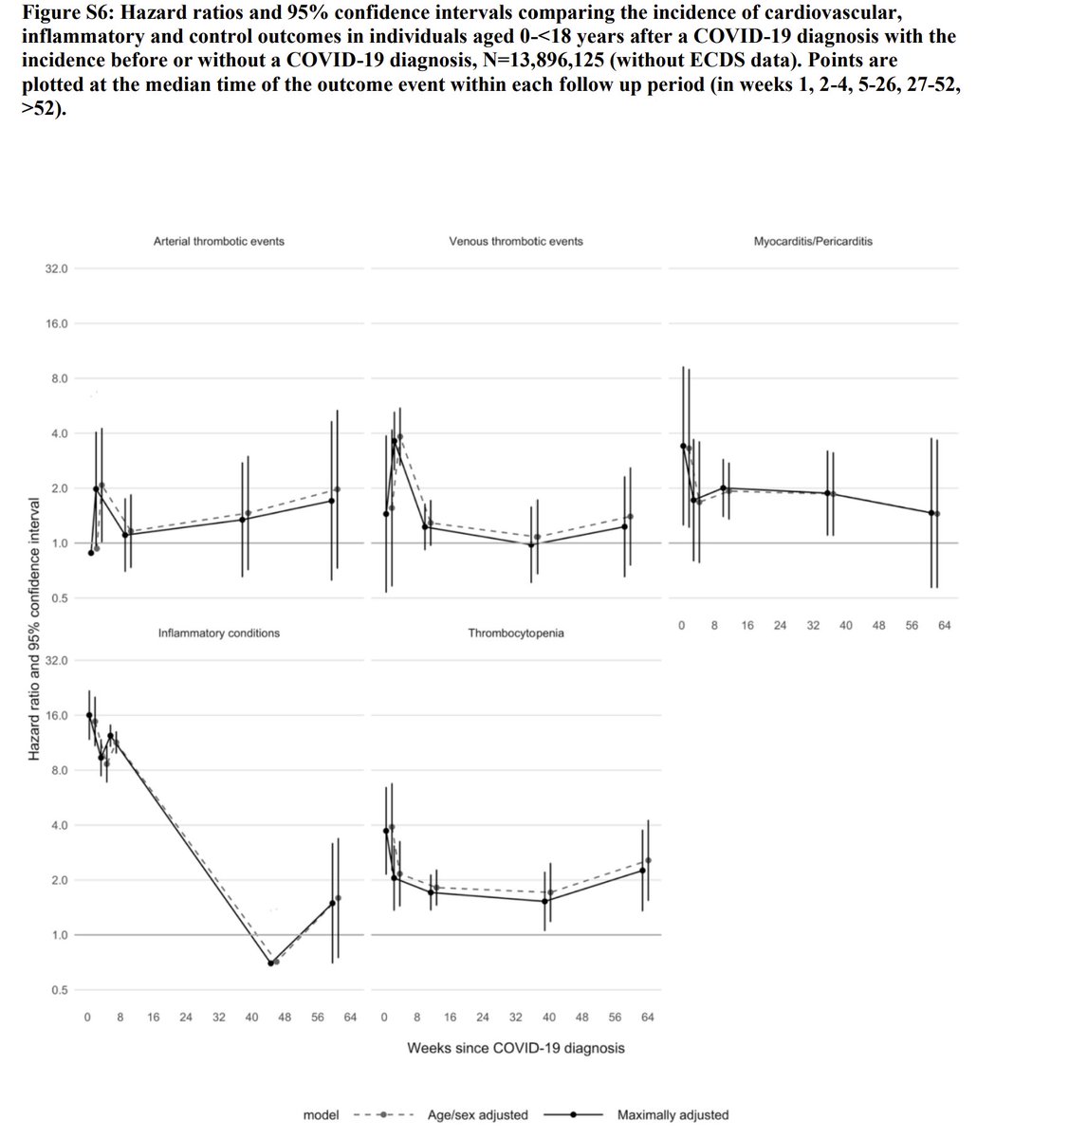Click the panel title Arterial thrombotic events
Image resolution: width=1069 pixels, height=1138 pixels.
click(218, 241)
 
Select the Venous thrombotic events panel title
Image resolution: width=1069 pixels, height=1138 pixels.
click(515, 241)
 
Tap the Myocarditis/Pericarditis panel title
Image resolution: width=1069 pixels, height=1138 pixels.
click(813, 241)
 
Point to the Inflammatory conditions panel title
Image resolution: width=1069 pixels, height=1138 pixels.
click(218, 633)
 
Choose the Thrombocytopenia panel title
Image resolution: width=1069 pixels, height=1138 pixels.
click(515, 633)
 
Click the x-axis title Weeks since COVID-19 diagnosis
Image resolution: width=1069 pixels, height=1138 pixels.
click(515, 1048)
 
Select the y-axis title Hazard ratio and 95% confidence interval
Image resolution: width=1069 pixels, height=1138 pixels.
click(33, 628)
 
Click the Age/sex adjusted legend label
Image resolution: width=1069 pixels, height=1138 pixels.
click(477, 1115)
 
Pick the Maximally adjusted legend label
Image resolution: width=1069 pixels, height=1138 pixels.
click(673, 1115)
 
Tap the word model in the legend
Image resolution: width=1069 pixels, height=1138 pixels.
click(321, 1115)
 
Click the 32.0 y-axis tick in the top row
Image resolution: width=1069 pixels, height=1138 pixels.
click(56, 269)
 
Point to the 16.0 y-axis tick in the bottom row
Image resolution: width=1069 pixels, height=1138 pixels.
click(56, 715)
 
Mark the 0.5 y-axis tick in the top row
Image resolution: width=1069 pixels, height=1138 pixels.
click(60, 598)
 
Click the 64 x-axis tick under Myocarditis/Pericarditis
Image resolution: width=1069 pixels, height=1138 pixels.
click(944, 626)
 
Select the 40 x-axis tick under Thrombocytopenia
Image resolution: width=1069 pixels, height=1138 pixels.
click(549, 1018)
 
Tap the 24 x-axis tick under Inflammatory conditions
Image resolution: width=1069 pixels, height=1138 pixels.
click(186, 1018)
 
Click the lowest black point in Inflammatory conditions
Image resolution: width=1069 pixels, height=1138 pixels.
click(270, 963)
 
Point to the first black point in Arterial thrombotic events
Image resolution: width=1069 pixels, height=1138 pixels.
click(91, 553)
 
